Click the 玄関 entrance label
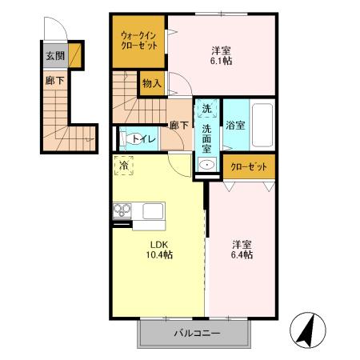point(54,55)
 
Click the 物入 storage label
point(152,82)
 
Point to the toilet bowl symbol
point(131,138)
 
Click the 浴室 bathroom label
point(235,126)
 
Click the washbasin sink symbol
point(206,166)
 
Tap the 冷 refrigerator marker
point(124,166)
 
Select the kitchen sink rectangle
point(153,211)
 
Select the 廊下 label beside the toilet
point(178,125)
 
